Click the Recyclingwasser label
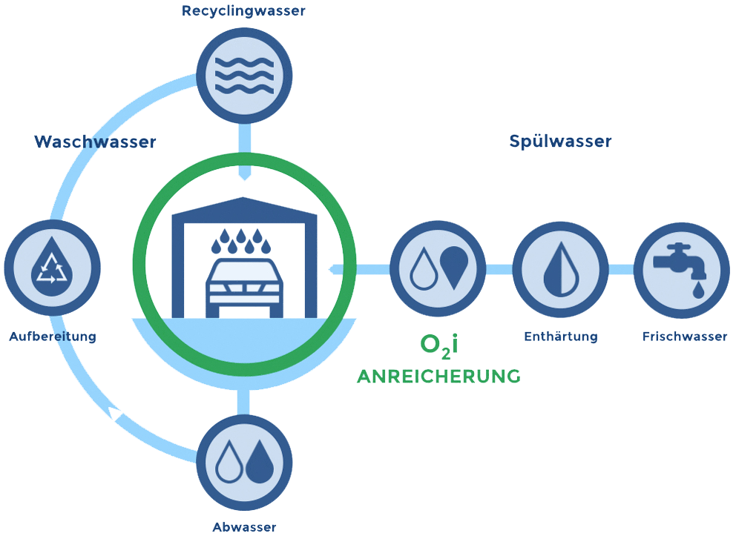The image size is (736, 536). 243,11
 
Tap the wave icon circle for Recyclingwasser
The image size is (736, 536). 244,76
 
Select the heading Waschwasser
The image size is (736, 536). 95,142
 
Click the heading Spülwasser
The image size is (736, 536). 560,141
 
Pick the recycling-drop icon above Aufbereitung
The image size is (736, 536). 53,268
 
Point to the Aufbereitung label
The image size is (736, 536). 53,337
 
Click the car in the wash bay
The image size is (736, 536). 244,285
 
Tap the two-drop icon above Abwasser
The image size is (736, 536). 244,462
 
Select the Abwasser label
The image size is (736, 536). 244,527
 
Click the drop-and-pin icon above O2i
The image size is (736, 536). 438,268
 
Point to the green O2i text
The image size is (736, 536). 439,345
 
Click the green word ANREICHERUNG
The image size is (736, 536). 438,377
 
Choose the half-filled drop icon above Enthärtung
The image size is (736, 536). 560,268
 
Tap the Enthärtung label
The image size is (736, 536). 560,337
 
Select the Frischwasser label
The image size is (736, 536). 684,337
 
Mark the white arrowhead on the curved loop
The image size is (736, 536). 116,414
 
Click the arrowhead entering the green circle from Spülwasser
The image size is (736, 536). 335,269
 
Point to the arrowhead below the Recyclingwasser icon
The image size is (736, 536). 244,175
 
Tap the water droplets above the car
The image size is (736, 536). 242,241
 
